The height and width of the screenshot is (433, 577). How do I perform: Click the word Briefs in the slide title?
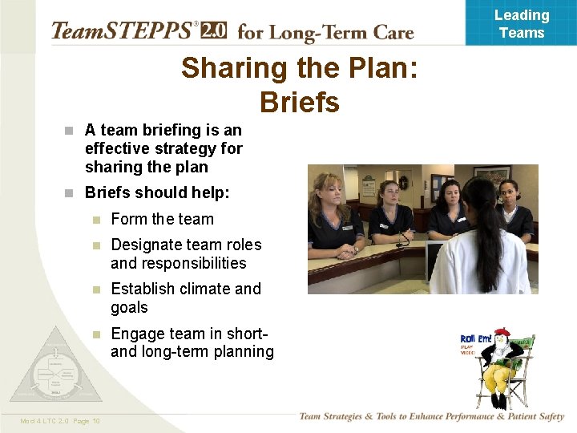(x=300, y=103)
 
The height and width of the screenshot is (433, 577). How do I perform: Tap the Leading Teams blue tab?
(x=521, y=23)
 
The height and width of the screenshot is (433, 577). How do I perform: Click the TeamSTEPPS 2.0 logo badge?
(x=213, y=30)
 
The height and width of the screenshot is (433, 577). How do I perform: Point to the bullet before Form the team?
(x=95, y=220)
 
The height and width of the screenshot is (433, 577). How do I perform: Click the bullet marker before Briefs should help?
(x=70, y=193)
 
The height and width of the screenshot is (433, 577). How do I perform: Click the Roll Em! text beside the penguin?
(x=476, y=339)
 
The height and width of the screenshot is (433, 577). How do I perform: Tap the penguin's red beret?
(x=502, y=332)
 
